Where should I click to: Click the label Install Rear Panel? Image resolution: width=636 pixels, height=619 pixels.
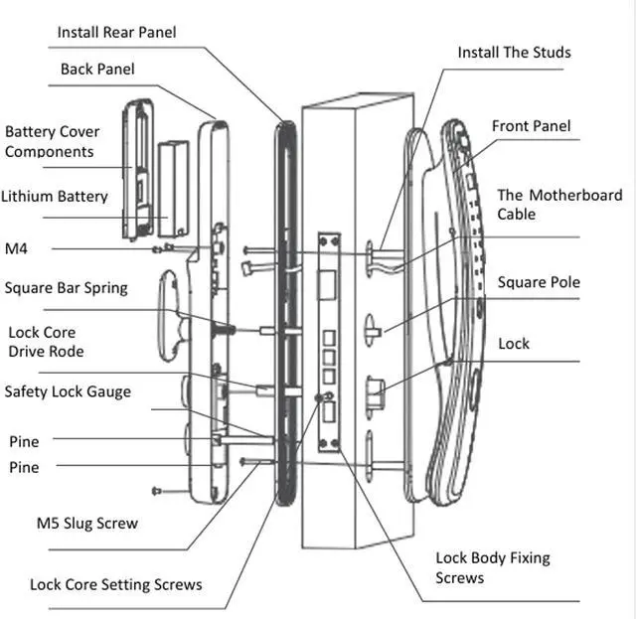(116, 33)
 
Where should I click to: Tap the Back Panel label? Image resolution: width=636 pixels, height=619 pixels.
(97, 70)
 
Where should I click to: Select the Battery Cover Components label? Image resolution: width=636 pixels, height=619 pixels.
(52, 141)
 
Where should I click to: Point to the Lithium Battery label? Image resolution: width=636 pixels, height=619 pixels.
(55, 197)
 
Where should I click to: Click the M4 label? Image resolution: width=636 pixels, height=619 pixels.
(17, 247)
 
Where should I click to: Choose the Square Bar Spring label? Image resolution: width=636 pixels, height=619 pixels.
(66, 288)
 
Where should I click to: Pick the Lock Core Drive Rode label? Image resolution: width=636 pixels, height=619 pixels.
(46, 342)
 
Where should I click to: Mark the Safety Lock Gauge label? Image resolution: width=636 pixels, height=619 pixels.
(68, 391)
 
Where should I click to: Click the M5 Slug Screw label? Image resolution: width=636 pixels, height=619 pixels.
(87, 523)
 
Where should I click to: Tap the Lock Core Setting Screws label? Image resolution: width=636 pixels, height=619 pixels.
(115, 584)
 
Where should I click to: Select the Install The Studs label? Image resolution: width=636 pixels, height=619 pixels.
(514, 53)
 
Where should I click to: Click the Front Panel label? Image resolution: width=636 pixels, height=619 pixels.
(532, 126)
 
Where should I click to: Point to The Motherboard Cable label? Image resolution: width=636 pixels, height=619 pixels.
(559, 205)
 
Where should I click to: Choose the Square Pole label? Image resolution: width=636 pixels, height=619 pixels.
(539, 282)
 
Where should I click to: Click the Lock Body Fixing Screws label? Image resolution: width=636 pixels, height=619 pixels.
(492, 567)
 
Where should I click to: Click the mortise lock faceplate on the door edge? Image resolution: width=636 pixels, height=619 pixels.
(329, 338)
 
